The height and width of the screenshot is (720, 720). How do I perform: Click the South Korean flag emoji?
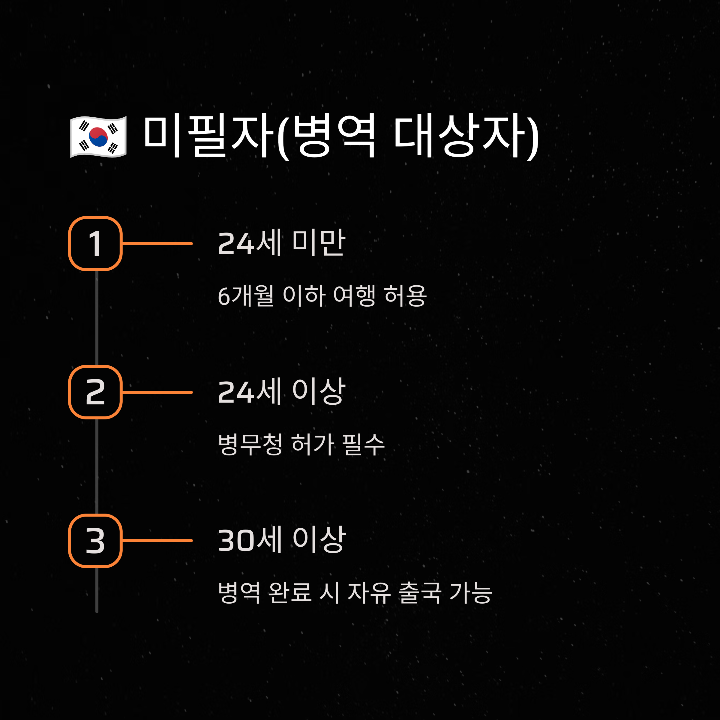(x=98, y=137)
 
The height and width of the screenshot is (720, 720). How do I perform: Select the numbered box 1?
(x=95, y=243)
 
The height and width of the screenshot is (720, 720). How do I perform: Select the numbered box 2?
(x=95, y=392)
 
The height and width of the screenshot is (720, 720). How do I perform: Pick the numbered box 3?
(x=95, y=541)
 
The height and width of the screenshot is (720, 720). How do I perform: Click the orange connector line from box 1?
(x=157, y=244)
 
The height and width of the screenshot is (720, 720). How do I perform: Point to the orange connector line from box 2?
(x=157, y=392)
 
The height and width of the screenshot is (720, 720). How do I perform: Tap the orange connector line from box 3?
(x=157, y=540)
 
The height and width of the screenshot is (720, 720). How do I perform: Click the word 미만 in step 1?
(x=319, y=243)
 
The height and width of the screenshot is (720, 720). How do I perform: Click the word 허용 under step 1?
(x=405, y=296)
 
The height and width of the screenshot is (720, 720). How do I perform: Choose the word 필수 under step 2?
(x=363, y=444)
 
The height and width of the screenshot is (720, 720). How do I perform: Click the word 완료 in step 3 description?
(x=289, y=592)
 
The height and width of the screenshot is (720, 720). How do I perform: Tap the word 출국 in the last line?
(x=420, y=592)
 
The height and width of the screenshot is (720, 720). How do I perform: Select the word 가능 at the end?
(x=471, y=592)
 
